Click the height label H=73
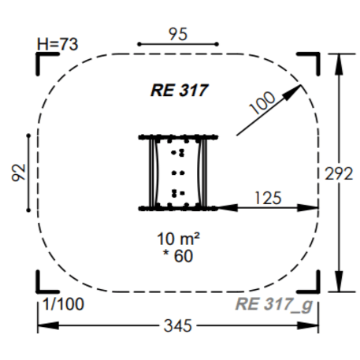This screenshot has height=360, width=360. [x=58, y=44]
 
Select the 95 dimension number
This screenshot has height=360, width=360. [x=178, y=35]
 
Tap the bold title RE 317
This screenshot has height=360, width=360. [x=180, y=91]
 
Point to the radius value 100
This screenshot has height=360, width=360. [x=262, y=102]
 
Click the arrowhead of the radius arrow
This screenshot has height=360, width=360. [x=293, y=91]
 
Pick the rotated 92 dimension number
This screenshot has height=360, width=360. [x=19, y=173]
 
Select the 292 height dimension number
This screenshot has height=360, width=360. [x=339, y=174]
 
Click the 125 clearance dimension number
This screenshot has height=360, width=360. [x=268, y=198]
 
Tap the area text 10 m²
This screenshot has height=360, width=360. [x=178, y=239]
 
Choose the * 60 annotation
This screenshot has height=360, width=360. [x=178, y=256]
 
